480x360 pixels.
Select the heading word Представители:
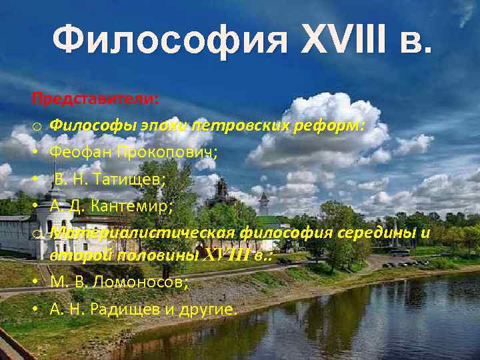point(95,99)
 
